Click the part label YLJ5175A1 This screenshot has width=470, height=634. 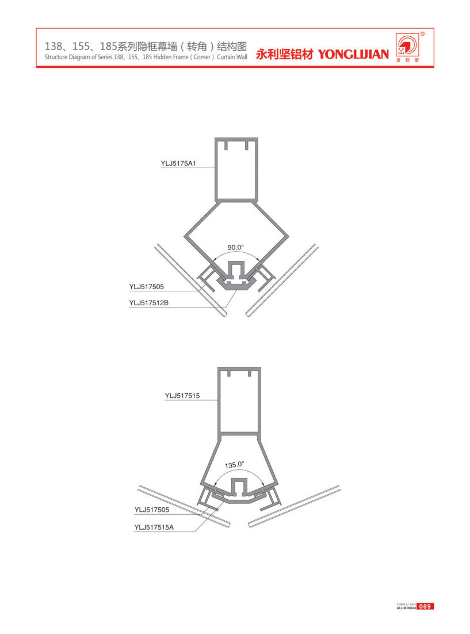178,164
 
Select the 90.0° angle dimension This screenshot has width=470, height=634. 235,248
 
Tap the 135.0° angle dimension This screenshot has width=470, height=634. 235,465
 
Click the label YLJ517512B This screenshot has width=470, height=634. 148,302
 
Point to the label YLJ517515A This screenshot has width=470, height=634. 154,527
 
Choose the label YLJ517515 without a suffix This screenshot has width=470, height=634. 182,396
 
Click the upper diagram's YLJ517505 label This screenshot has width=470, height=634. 147,287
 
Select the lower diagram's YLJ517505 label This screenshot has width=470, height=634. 152,510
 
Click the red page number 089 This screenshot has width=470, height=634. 425,606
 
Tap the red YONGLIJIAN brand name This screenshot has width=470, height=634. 353,54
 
